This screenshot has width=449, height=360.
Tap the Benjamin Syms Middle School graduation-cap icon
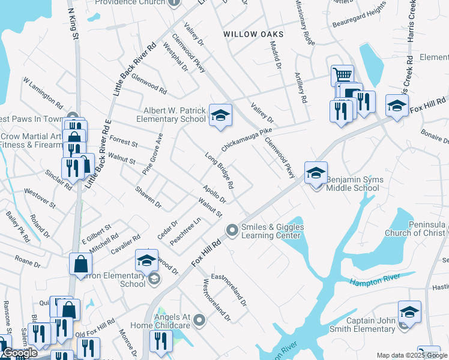point(316,173)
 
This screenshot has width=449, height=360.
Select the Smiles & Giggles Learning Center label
point(272,231)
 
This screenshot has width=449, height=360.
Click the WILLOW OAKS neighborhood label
point(253,35)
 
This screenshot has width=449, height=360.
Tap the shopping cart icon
point(342,76)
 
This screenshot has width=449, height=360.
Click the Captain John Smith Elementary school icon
point(409,312)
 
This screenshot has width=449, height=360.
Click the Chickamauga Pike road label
point(247,139)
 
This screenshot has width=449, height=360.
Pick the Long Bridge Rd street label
point(219,170)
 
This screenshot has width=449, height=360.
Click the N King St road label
point(73,24)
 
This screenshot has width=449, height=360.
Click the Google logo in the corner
point(19,353)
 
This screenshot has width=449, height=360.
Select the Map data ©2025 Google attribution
point(412,355)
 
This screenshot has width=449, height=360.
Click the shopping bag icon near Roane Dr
point(80,265)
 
